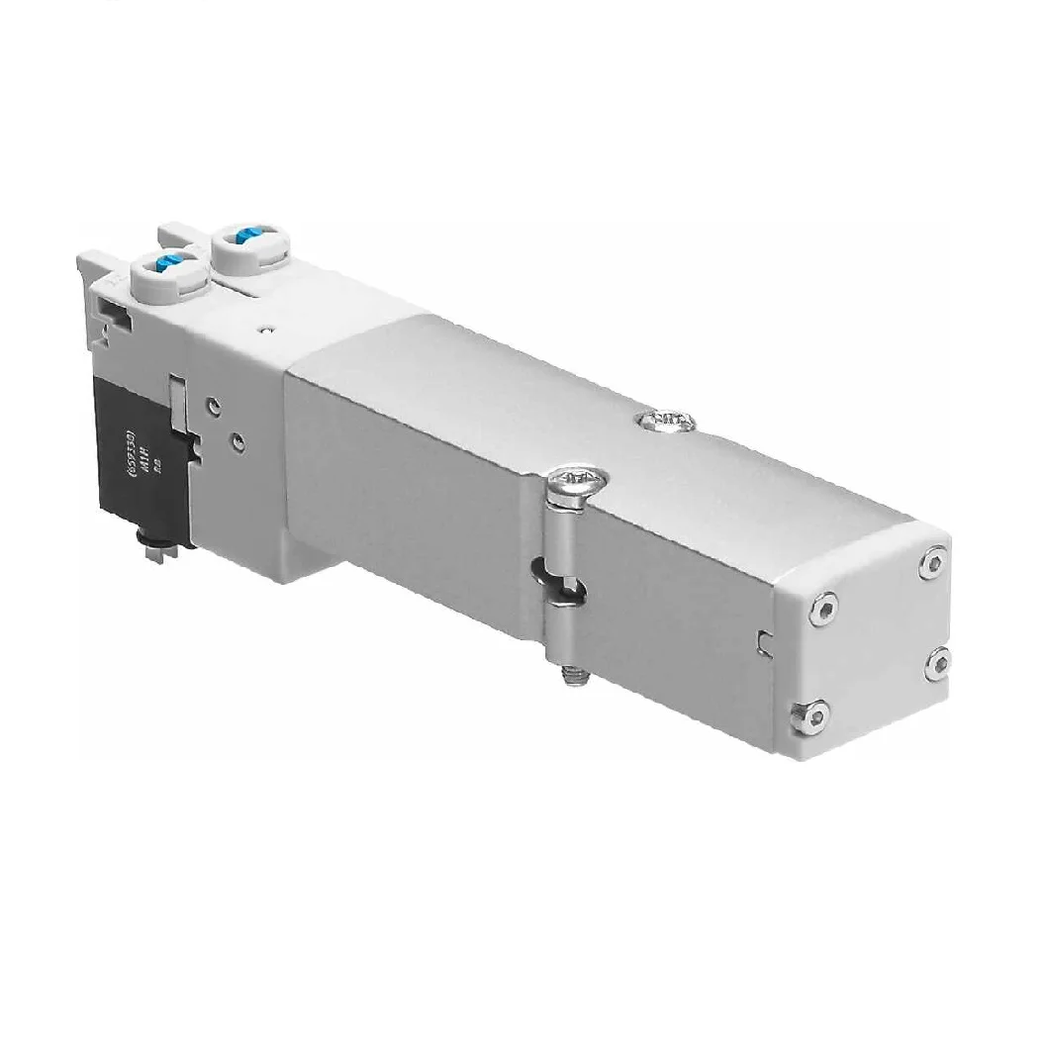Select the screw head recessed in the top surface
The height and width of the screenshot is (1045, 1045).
tap(667, 423)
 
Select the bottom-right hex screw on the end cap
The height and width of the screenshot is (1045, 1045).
tap(937, 663)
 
